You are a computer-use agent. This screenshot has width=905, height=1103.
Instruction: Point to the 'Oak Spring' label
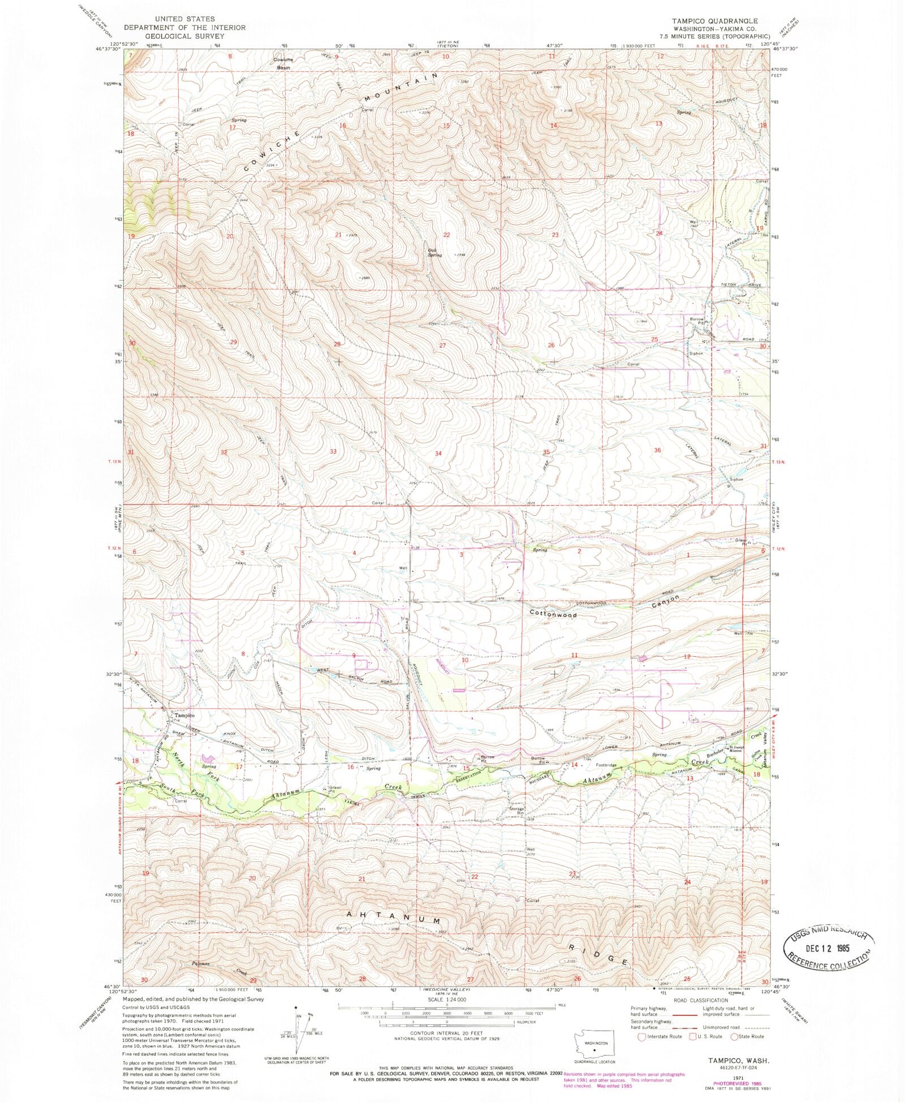pyautogui.click(x=435, y=252)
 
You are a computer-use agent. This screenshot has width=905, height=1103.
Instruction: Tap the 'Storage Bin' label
pyautogui.click(x=516, y=811)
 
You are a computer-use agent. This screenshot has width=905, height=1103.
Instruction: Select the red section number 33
pyautogui.click(x=334, y=451)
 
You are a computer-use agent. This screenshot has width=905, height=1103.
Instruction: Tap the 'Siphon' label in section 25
pyautogui.click(x=695, y=354)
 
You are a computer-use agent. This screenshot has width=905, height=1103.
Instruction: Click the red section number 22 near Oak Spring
pyautogui.click(x=447, y=235)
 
